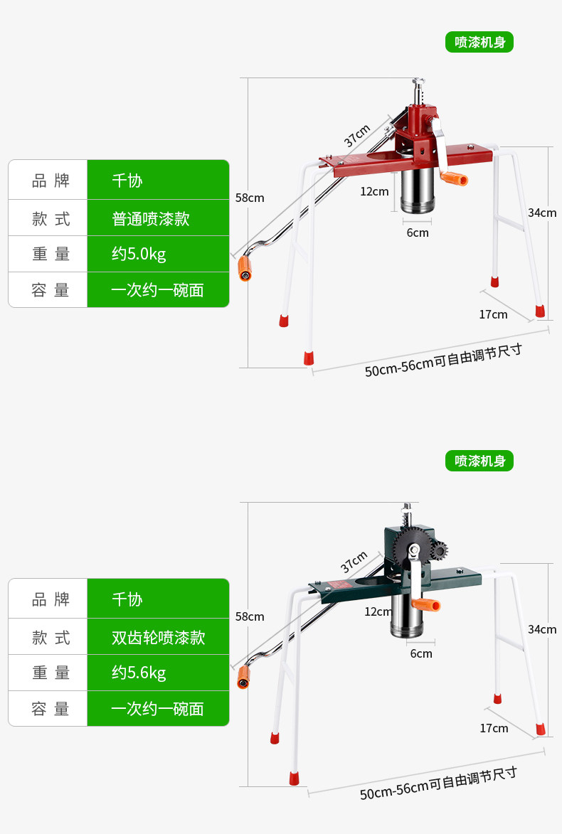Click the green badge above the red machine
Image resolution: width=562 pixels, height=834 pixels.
click(479, 42)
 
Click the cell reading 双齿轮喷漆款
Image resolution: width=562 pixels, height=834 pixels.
click(158, 636)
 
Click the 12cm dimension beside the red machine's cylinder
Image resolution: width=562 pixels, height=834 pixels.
click(374, 191)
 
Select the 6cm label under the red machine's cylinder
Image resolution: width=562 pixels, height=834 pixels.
click(418, 232)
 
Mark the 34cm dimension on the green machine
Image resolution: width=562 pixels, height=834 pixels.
click(542, 629)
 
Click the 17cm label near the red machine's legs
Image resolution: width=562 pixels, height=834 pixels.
click(493, 314)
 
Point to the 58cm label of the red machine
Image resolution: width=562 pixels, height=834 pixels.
click(250, 198)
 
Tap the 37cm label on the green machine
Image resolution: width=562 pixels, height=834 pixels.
click(354, 562)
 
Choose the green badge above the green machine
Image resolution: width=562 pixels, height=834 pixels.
click(479, 461)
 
